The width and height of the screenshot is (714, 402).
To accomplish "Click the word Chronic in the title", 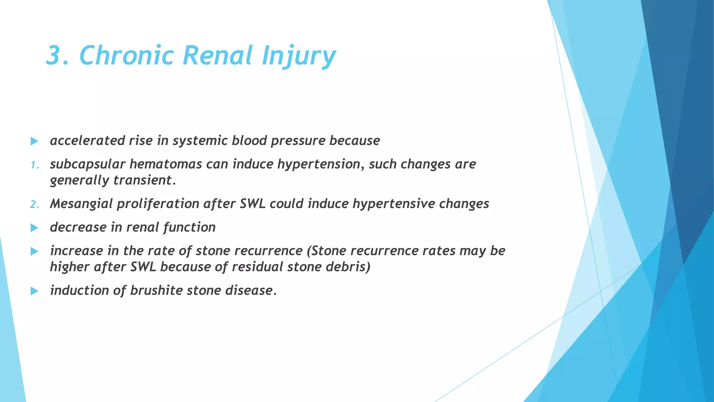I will (126, 55).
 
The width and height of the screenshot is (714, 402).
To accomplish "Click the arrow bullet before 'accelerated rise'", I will (34, 141).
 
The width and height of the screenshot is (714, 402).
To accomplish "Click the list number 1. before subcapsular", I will (35, 165).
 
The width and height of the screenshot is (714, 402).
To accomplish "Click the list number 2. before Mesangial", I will (35, 204).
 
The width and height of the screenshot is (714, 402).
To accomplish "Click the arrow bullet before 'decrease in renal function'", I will (34, 228).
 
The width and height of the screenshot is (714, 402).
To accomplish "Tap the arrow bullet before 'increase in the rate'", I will (34, 251).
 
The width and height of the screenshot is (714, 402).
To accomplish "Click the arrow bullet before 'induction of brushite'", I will (34, 291).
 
